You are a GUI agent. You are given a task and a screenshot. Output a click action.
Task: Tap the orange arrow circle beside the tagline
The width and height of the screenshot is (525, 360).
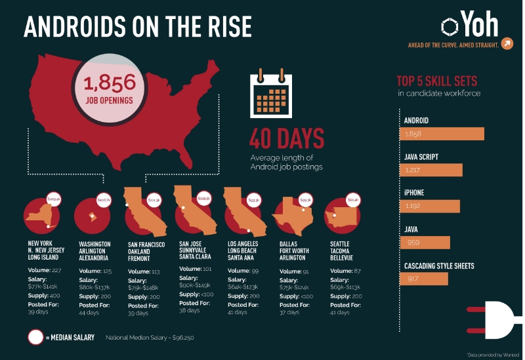pos(507,44)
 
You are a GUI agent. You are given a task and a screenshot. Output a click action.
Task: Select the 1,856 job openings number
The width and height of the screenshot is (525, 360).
pos(110,83)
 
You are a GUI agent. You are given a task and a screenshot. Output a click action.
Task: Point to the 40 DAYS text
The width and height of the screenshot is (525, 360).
pos(287,139)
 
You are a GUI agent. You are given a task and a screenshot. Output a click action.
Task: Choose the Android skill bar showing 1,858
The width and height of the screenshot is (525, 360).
pos(441,134)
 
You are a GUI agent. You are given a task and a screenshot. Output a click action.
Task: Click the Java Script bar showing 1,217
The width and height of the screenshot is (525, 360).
pos(430,170)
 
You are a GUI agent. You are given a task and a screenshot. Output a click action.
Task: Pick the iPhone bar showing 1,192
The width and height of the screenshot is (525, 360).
pos(429,206)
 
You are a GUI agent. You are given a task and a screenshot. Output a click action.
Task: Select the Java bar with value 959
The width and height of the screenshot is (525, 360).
pos(425,243)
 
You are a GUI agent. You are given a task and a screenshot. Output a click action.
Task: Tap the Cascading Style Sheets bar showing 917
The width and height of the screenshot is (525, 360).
pos(423,279)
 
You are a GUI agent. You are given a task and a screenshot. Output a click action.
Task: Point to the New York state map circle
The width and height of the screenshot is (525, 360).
pos(43,214)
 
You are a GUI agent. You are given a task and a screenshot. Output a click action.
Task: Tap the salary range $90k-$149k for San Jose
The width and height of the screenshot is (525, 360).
pos(196,286)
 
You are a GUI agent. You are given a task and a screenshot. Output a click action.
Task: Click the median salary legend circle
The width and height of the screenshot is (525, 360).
pos(36,337)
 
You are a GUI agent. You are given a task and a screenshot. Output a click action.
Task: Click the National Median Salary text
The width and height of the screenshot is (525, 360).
pos(150,338)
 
